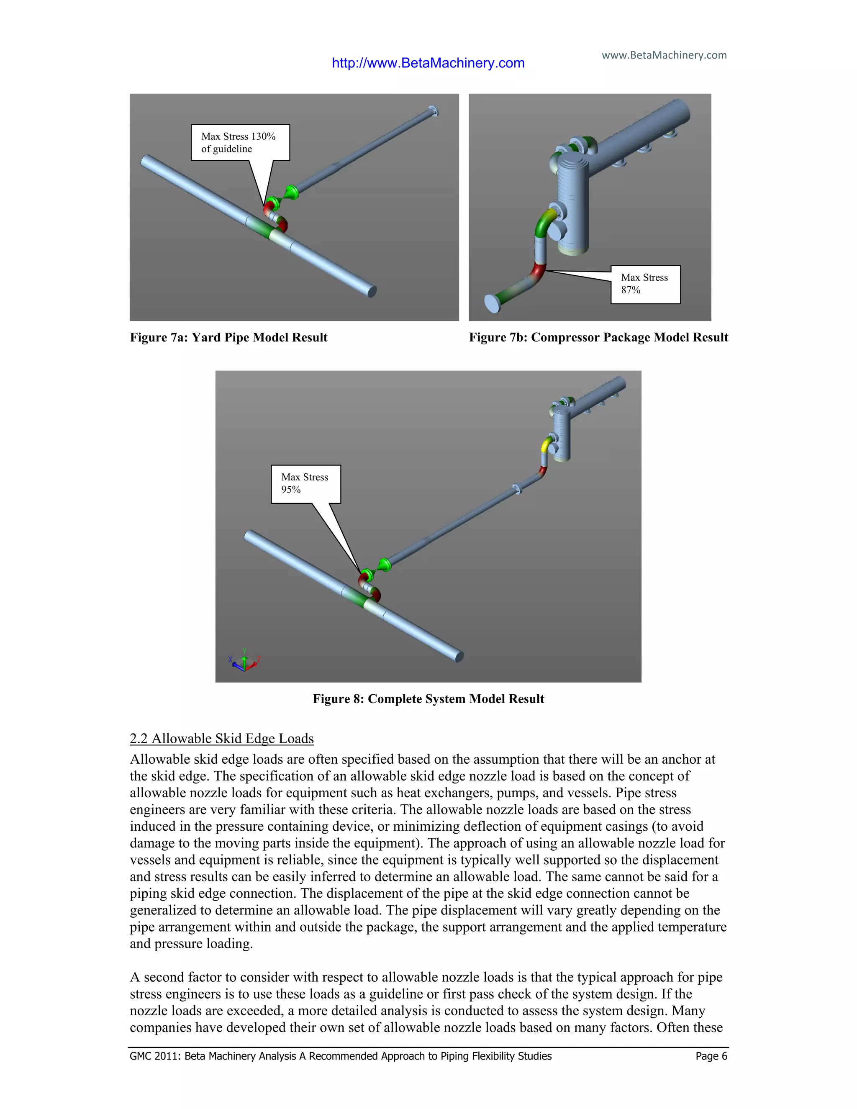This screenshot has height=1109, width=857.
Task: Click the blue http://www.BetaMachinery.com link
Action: tap(428, 63)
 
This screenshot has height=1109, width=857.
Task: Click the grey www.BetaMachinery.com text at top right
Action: tap(664, 55)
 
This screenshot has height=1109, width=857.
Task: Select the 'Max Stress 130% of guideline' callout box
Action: tap(240, 142)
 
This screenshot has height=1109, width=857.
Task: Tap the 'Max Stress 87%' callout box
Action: tap(645, 284)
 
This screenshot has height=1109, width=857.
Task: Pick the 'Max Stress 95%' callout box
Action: tap(305, 483)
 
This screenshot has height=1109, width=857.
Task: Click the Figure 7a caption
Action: tap(228, 337)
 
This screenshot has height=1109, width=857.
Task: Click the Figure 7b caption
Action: tap(598, 337)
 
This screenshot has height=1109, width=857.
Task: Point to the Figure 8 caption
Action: tap(428, 699)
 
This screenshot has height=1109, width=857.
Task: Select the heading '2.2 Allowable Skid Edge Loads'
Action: tap(221, 738)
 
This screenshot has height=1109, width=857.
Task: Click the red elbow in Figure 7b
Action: tap(538, 272)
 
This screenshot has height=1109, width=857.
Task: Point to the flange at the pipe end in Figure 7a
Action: tap(433, 111)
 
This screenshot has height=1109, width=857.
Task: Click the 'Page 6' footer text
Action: tap(711, 1056)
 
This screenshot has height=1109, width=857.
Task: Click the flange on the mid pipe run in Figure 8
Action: tap(517, 488)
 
